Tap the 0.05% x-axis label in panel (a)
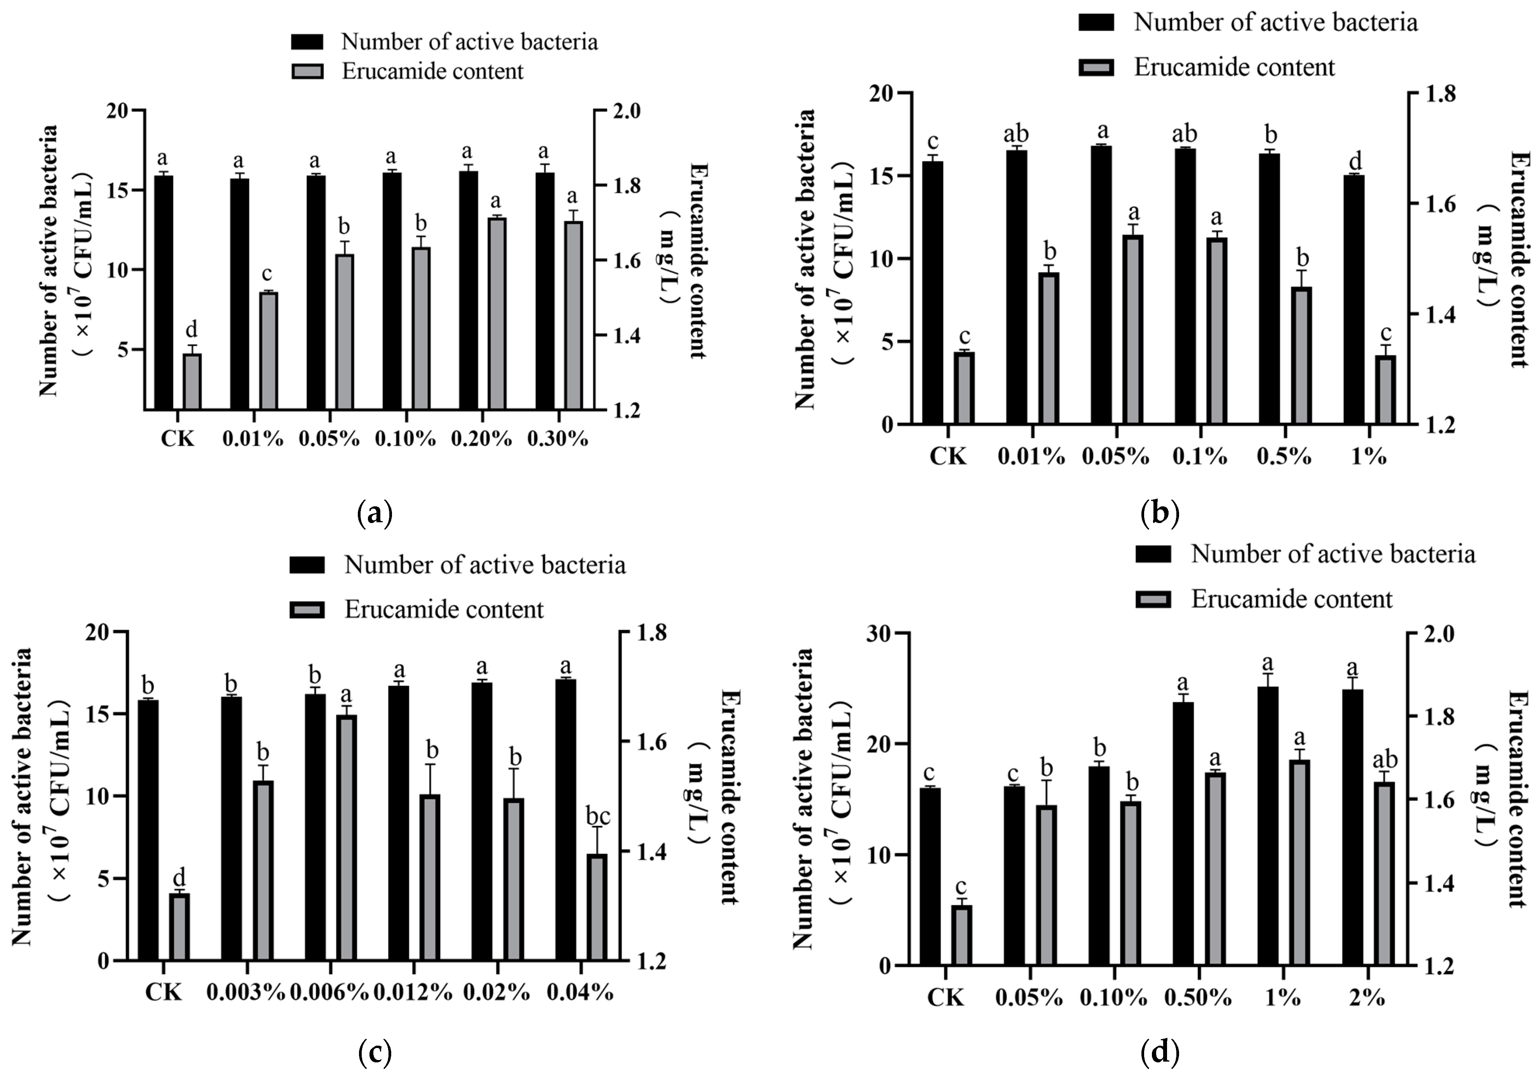[329, 439]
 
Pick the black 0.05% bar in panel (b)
[1101, 284]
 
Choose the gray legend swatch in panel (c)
[307, 610]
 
